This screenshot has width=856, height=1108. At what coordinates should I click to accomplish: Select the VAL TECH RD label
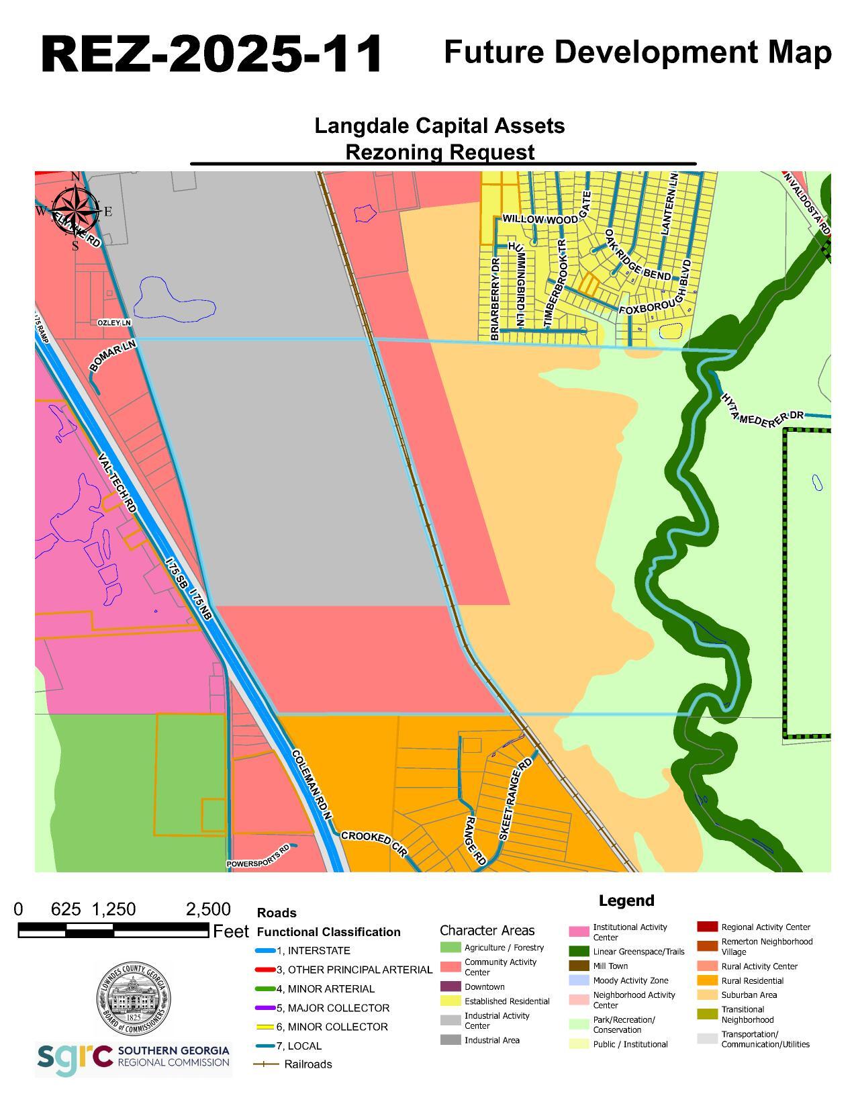(x=117, y=483)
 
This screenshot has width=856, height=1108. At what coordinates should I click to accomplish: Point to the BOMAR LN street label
(x=113, y=355)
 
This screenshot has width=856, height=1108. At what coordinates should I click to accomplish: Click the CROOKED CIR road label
(x=374, y=843)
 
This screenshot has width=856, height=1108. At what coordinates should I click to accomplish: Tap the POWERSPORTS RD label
(x=258, y=856)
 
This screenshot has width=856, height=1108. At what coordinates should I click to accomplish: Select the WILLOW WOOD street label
(x=540, y=220)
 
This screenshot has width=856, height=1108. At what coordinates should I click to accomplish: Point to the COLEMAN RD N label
(x=312, y=784)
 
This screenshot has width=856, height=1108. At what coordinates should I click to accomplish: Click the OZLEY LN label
(x=114, y=323)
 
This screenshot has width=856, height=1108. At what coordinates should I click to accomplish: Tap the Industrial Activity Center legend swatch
(x=450, y=1020)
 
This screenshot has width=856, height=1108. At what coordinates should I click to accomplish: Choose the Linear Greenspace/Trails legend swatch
(x=579, y=952)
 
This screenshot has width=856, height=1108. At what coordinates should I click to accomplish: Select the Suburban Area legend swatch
(x=707, y=995)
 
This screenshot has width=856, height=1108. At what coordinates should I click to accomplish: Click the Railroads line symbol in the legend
(x=266, y=1064)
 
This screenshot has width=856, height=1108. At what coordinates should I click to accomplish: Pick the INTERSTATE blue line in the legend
(x=266, y=951)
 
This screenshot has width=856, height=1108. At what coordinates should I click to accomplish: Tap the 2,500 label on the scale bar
(x=208, y=909)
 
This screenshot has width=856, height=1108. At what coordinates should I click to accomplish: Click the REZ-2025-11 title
(x=211, y=54)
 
